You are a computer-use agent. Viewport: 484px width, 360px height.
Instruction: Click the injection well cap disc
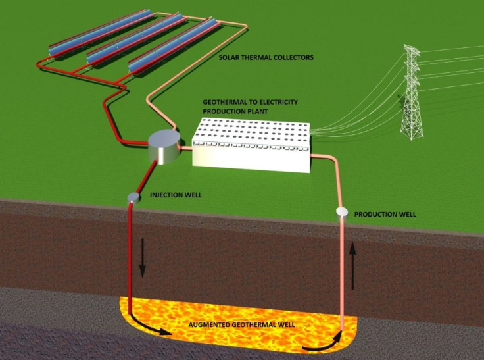(133, 197)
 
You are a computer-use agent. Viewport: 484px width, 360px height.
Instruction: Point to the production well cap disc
(341, 211)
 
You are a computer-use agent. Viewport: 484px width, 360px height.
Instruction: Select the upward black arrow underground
(353, 265)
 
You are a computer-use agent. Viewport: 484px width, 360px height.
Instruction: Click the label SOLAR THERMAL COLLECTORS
(266, 58)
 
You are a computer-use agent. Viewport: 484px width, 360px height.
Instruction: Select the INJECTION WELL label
(176, 195)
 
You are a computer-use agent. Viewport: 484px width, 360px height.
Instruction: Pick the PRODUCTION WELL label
(385, 215)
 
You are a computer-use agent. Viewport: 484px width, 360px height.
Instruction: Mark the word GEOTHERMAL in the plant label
(225, 103)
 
